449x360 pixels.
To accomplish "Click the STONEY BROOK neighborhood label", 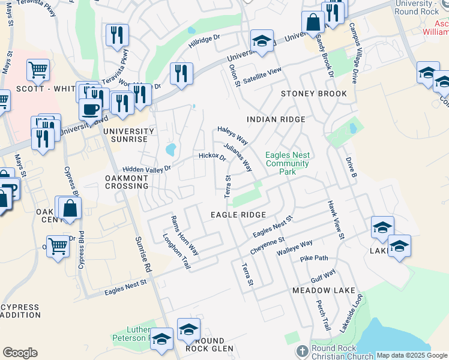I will coord(314,94).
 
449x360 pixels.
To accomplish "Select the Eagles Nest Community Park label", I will coord(287,163).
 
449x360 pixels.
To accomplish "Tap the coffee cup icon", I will coord(90,110).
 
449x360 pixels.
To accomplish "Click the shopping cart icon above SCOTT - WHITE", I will coord(38,70).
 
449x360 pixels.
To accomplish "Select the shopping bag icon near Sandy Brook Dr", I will coord(313,23).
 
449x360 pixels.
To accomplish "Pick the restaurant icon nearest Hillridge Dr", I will coord(181,73).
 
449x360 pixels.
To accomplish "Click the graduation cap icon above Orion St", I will coord(261,41).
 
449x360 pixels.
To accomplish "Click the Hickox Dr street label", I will coord(212,157).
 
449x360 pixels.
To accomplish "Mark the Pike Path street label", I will coord(314,259).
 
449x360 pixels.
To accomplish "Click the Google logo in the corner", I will coord(20,353).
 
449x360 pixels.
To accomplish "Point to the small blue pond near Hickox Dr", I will coord(170,148).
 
